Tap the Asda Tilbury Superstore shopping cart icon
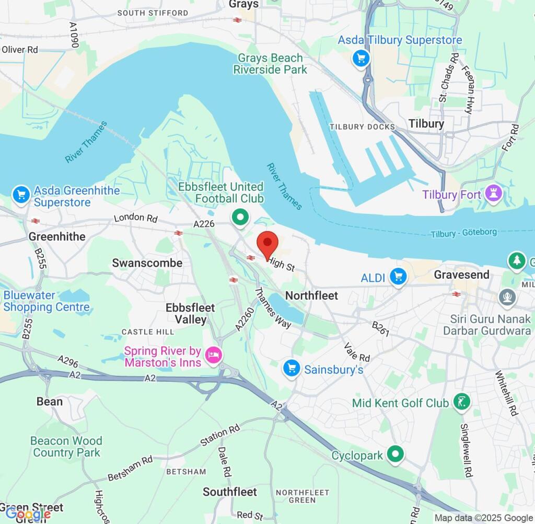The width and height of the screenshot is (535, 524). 360,58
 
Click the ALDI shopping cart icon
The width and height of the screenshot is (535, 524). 398,277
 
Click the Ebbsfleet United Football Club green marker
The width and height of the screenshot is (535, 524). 240,217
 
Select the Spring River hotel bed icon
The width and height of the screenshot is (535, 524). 214,356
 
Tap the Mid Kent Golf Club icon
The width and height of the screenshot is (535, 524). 461,402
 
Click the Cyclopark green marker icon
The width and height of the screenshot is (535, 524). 396,454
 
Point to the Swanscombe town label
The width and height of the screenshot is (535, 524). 147,263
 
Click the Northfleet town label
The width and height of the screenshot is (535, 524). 312,295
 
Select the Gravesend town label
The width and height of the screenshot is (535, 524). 461,275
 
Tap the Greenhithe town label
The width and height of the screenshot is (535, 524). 57,236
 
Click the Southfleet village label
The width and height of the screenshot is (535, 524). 230,492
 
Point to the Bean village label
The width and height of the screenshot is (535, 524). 50,402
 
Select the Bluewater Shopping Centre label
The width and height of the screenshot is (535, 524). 46,301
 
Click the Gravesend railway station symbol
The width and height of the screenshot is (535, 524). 457,294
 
